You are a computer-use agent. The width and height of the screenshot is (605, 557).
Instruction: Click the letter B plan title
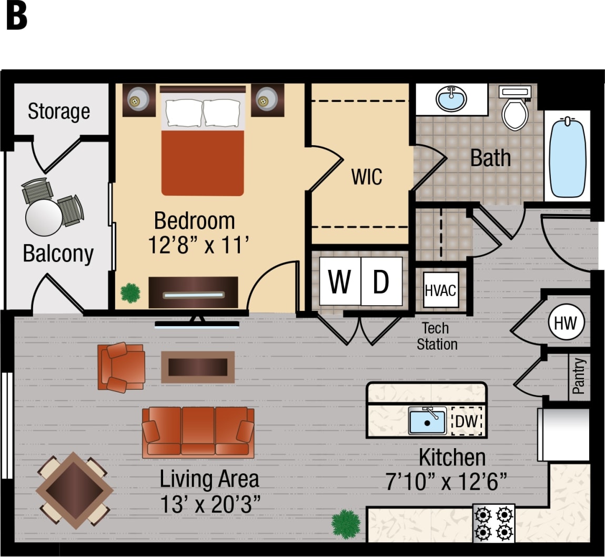pos(16,17)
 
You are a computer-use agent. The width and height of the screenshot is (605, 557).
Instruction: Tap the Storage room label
pos(59,112)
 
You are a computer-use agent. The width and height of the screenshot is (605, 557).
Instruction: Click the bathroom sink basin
pos(451,98)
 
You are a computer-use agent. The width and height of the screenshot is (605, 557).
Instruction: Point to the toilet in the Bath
pos(515,109)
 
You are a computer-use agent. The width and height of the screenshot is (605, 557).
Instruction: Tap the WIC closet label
pos(367,177)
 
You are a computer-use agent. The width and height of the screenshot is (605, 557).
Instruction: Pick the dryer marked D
pos(381,281)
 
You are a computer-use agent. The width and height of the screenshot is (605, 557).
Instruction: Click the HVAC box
pos(440,290)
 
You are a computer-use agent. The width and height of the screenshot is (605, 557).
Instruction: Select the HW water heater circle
pos(566,322)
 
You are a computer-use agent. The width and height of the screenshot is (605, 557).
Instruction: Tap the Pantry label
pos(579,376)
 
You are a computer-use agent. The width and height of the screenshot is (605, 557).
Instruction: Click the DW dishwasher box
pos(466,421)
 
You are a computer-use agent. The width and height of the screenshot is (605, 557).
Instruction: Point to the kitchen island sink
pos(427,421)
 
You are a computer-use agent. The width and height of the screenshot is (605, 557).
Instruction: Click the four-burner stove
pos(494,523)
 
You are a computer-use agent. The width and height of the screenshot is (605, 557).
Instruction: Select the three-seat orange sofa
pos(198,432)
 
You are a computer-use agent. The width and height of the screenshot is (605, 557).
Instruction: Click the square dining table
pos(74,490)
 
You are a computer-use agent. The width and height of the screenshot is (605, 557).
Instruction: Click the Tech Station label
pos(436,336)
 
